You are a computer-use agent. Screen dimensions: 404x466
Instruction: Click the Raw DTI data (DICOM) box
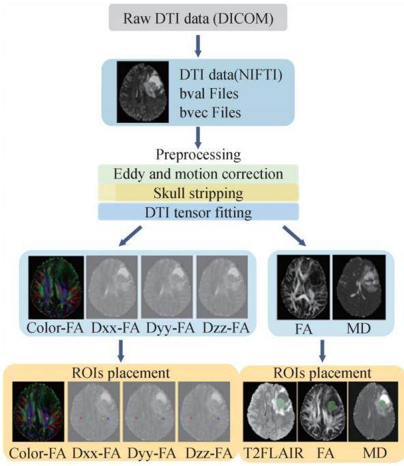198,18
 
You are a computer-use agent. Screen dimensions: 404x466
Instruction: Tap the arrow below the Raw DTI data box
198,46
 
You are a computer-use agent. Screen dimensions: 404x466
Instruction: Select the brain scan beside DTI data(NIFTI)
143,92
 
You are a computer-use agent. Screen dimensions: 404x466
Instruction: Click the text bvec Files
210,113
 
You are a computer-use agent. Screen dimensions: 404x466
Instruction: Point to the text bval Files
209,94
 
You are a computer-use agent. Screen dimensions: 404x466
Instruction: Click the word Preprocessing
199,154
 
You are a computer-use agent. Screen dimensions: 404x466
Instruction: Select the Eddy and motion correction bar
199,174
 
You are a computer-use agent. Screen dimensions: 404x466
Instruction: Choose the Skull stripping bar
199,193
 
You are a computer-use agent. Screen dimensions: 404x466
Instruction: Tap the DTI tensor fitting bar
199,213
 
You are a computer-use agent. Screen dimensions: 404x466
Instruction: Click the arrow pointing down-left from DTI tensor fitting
130,236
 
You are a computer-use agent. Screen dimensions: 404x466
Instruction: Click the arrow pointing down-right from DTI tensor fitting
294,236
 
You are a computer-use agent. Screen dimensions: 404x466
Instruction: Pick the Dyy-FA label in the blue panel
170,328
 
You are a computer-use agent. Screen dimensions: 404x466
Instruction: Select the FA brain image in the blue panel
304,288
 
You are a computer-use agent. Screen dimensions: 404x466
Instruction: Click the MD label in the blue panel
358,329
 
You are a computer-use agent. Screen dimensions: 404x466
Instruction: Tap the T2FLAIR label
274,453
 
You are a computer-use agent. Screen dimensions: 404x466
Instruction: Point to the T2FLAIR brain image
270,411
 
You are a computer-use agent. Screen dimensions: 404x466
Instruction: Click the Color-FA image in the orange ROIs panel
38,411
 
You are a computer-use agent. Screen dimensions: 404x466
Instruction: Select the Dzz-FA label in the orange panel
209,454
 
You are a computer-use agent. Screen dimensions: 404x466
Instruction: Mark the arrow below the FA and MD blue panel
322,351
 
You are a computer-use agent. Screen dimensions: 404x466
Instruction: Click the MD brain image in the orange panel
373,411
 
